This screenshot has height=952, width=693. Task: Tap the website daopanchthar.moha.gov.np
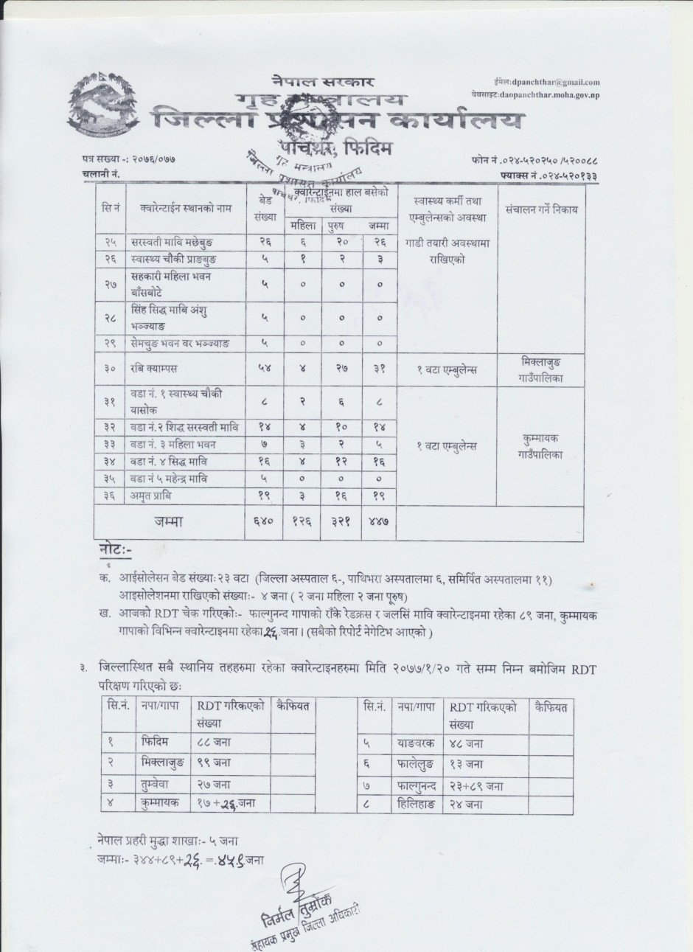[x=549, y=95]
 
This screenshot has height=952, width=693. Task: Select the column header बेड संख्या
[x=265, y=208]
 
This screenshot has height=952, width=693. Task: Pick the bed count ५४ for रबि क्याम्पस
[x=265, y=369]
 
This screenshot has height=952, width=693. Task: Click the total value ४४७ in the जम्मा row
[x=377, y=521]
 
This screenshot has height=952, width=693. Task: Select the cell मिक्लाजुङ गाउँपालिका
[x=541, y=369]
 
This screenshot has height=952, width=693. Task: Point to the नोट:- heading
[x=119, y=552]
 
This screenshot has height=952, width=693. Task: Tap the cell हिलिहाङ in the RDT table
[x=417, y=805]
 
